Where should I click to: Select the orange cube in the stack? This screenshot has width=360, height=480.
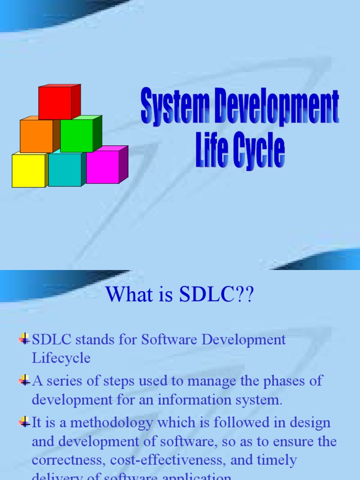pos(37,136)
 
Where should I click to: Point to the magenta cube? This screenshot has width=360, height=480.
pos(103,167)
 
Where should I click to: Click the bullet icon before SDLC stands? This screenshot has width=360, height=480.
pos(24,338)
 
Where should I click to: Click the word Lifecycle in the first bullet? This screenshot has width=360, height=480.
pos(61,359)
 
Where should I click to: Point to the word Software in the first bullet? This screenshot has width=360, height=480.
pos(171,339)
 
